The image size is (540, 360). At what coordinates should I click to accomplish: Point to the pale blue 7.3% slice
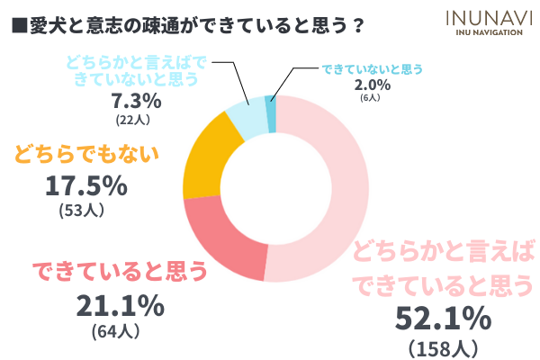click(247, 116)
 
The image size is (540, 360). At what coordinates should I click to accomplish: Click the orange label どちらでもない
click(86, 152)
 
